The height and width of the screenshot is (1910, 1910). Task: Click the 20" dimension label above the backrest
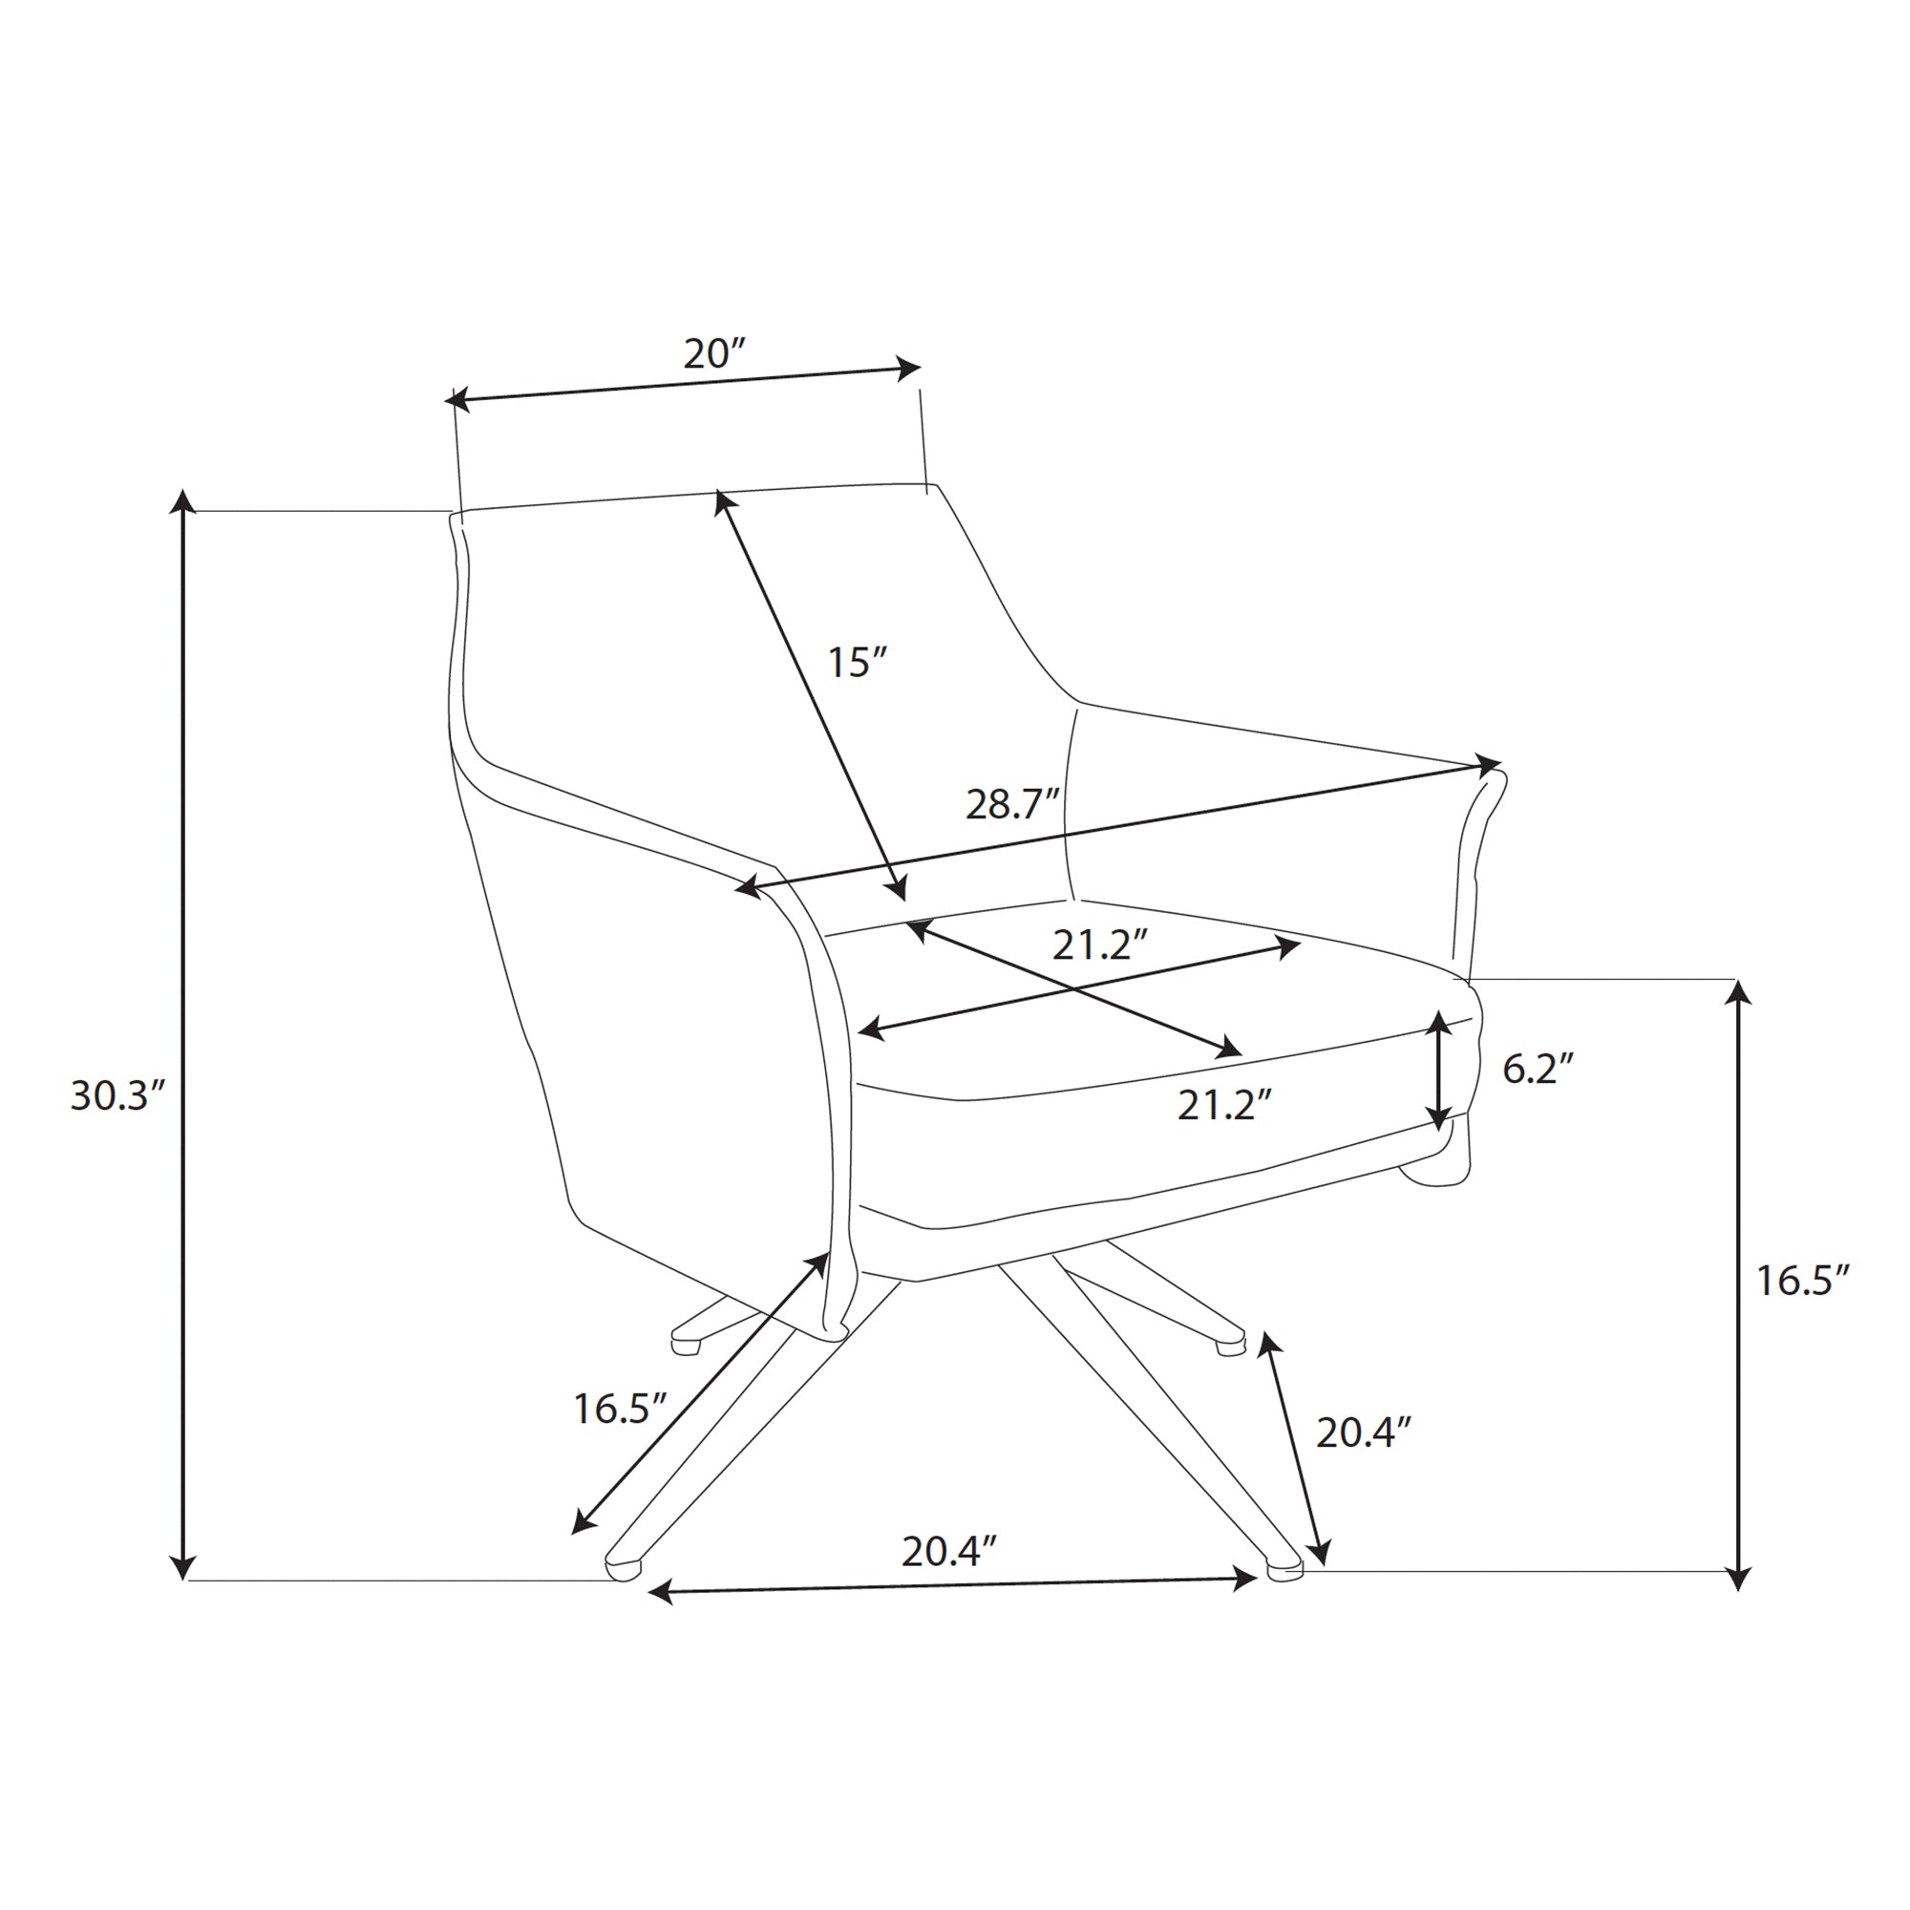pos(712,353)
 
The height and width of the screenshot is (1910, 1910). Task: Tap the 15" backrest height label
pos(856,662)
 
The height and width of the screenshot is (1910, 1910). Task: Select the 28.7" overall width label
pos(1012,805)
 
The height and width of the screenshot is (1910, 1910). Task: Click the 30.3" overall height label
pos(117,1095)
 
